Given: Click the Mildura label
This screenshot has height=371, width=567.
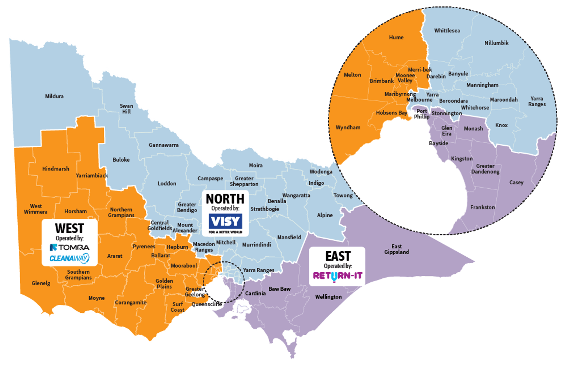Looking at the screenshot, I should click(x=54, y=96).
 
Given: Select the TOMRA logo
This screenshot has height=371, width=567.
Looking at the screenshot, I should click(x=70, y=247).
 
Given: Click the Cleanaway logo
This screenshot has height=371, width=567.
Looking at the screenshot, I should click(x=69, y=258).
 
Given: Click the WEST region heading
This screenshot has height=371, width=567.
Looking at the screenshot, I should click(x=69, y=228).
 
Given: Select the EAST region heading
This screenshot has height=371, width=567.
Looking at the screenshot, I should click(x=337, y=256).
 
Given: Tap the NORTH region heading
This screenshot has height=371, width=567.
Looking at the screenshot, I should click(x=225, y=199).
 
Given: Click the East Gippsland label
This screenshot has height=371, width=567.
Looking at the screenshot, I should click(x=396, y=249).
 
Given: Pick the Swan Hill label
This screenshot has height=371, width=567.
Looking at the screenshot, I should click(x=126, y=109).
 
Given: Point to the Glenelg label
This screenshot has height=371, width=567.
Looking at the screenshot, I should click(x=41, y=283).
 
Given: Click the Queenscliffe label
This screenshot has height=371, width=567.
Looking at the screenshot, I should click(x=207, y=304).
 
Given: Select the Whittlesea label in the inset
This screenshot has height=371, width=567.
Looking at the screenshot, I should click(x=447, y=31).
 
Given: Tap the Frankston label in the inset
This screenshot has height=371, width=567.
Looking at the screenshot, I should click(x=482, y=207).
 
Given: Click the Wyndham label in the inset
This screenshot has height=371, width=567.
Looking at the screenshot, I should click(x=348, y=128).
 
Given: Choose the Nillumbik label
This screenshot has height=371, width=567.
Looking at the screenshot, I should click(x=496, y=43).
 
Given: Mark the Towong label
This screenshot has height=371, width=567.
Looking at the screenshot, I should click(x=343, y=195).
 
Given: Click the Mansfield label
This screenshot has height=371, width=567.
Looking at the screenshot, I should click(x=289, y=237).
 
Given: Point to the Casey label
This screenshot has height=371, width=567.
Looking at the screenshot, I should click(x=516, y=183).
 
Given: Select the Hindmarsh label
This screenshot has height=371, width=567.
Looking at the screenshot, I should click(x=56, y=169).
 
